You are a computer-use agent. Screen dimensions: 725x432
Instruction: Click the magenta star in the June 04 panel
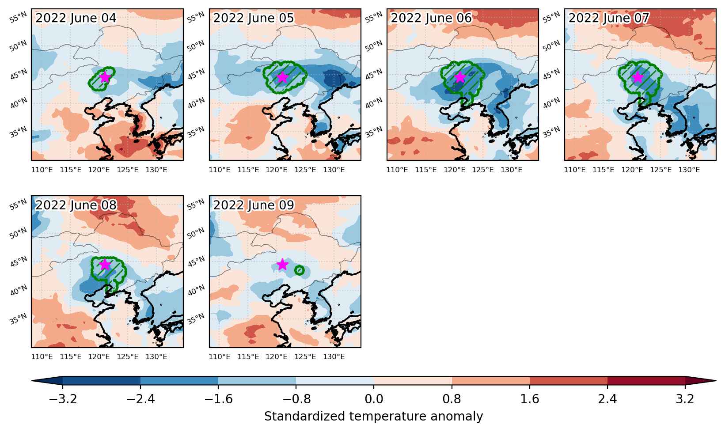pyautogui.click(x=105, y=77)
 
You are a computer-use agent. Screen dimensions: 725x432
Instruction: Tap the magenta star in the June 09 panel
pyautogui.click(x=283, y=265)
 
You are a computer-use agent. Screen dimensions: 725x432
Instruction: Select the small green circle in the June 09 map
pyautogui.click(x=300, y=270)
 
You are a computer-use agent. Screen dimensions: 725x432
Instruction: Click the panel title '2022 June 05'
pyautogui.click(x=254, y=18)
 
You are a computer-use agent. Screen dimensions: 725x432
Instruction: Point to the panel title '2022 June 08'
pyautogui.click(x=76, y=205)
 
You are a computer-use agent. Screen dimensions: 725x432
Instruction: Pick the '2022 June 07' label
pyautogui.click(x=609, y=18)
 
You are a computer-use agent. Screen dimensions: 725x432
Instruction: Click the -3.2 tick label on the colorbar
pyautogui.click(x=63, y=399)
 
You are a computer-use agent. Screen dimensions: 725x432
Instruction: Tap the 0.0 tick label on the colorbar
pyautogui.click(x=374, y=399)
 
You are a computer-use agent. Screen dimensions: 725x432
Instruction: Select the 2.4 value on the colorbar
pyautogui.click(x=607, y=399)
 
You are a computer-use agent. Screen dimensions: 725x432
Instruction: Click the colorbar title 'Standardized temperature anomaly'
pyautogui.click(x=373, y=416)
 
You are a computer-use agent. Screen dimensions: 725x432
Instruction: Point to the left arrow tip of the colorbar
pyautogui.click(x=32, y=381)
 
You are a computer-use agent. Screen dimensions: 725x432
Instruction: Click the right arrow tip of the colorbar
pyautogui.click(x=716, y=381)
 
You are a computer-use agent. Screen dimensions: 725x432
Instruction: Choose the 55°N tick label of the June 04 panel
pyautogui.click(x=18, y=18)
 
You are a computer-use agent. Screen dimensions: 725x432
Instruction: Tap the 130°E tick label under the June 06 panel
pyautogui.click(x=511, y=170)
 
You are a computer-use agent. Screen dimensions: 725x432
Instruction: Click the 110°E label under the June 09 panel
pyautogui.click(x=220, y=356)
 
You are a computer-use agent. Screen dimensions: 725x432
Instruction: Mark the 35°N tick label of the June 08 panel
pyautogui.click(x=18, y=319)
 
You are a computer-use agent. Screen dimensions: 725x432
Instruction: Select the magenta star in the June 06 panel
pyautogui.click(x=460, y=77)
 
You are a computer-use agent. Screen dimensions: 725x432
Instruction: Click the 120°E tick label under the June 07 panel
pyautogui.click(x=632, y=170)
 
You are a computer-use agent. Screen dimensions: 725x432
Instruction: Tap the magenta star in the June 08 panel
pyautogui.click(x=105, y=265)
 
